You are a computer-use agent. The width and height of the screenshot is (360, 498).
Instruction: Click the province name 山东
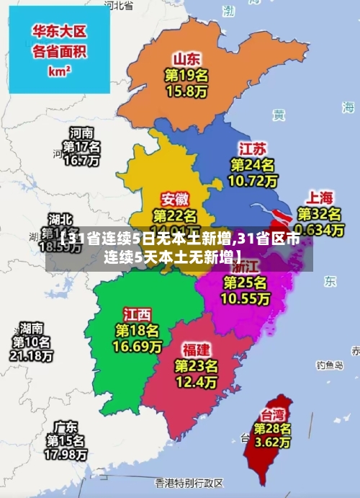click(x=186, y=58)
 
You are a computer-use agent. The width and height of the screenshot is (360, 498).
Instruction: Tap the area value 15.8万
click(x=186, y=92)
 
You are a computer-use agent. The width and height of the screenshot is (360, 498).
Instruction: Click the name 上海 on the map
click(x=320, y=197)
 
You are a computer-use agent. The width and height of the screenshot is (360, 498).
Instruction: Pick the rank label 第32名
click(x=320, y=214)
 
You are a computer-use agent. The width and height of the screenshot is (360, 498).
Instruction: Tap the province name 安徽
click(x=175, y=198)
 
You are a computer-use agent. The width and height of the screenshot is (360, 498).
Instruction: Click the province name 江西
click(x=138, y=314)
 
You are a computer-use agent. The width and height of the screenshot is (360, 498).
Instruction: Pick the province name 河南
click(x=81, y=133)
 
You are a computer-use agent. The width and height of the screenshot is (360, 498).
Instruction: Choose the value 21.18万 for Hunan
click(x=31, y=356)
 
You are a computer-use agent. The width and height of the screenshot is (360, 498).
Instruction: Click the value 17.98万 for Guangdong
click(x=66, y=455)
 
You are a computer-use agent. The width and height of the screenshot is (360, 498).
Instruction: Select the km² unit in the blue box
click(x=59, y=71)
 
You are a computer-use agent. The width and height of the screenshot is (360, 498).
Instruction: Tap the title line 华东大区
click(x=59, y=32)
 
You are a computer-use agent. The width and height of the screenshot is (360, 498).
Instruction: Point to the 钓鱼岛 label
click(x=331, y=365)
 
